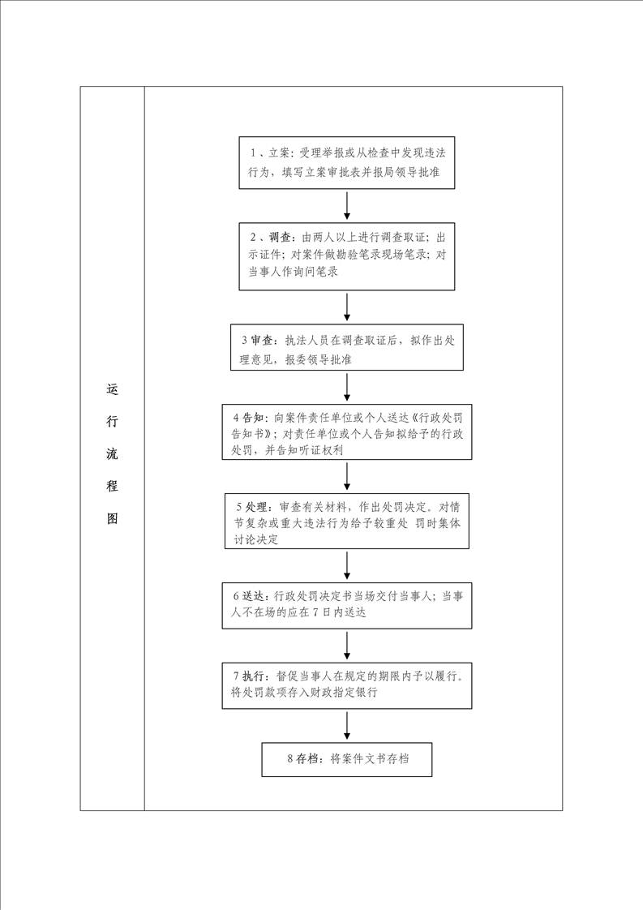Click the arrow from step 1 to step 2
pyautogui.click(x=347, y=205)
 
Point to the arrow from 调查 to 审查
pyautogui.click(x=347, y=307)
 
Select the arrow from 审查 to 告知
pyautogui.click(x=347, y=387)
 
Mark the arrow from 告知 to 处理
pyautogui.click(x=347, y=476)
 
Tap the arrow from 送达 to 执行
pyautogui.click(x=347, y=645)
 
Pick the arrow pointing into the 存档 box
pyautogui.click(x=347, y=725)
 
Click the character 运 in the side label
pyautogui.click(x=112, y=388)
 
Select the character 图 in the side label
pyautogui.click(x=112, y=518)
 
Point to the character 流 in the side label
pyautogui.click(x=112, y=453)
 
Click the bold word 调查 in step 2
pyautogui.click(x=280, y=238)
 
